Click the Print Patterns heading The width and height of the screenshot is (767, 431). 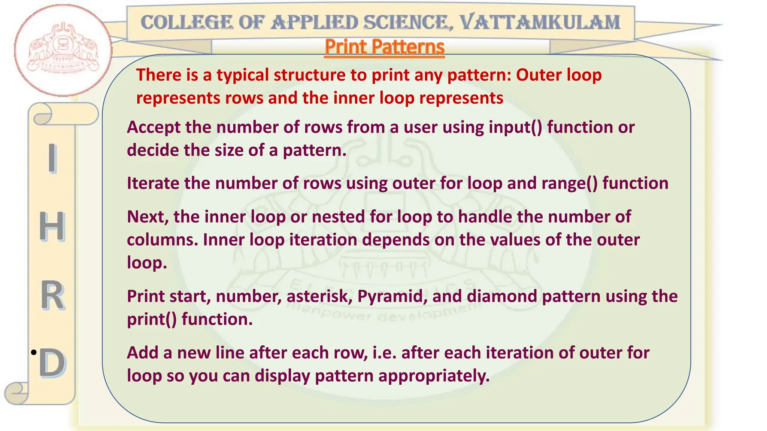click(x=385, y=48)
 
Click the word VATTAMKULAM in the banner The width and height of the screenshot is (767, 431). click(x=540, y=22)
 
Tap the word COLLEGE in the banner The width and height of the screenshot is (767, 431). click(x=187, y=22)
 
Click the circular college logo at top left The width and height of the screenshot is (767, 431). click(x=63, y=51)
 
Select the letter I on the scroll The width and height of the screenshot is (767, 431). click(x=52, y=158)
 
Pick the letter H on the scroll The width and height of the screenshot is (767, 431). click(x=52, y=226)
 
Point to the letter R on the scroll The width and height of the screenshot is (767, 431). click(x=52, y=296)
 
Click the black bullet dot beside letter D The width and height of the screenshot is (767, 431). click(x=34, y=352)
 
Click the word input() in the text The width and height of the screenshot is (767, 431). click(x=515, y=128)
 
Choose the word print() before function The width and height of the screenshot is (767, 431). click(x=152, y=320)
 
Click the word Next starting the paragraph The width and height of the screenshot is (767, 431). click(x=148, y=217)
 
